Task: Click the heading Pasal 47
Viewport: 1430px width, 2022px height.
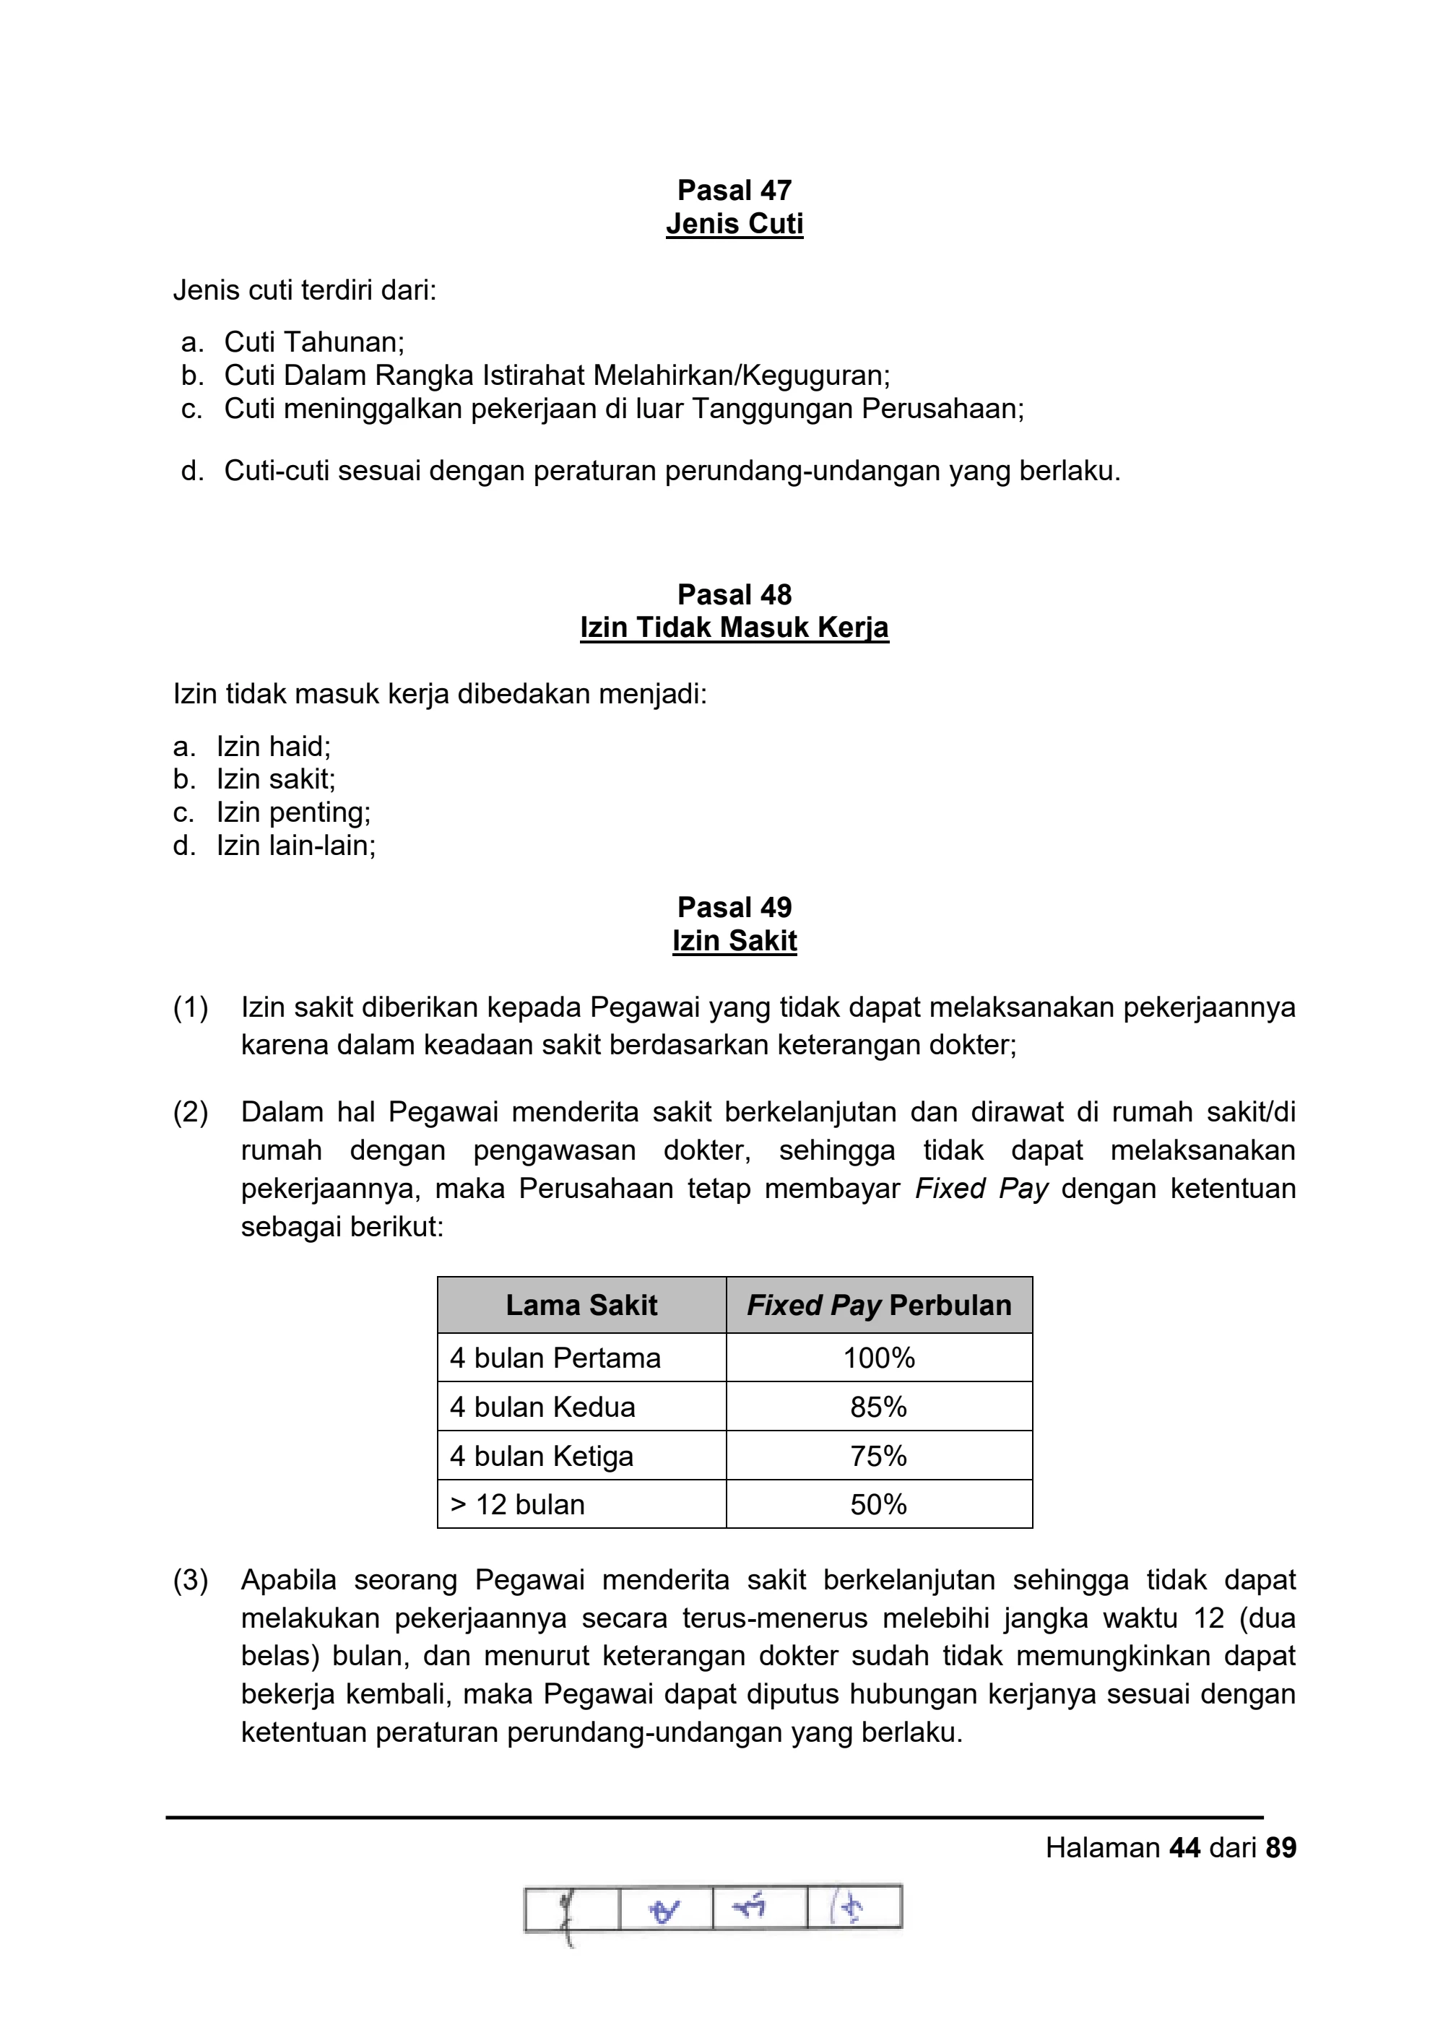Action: (x=734, y=190)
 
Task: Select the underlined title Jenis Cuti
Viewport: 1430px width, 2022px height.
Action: (x=734, y=224)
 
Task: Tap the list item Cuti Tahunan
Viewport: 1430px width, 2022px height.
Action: (x=313, y=342)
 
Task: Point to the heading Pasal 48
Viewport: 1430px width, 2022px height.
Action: (x=734, y=594)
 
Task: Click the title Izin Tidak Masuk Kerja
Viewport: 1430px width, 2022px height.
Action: (x=734, y=628)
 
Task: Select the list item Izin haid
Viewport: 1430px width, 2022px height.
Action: (x=273, y=747)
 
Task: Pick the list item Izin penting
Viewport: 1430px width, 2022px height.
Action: (x=293, y=812)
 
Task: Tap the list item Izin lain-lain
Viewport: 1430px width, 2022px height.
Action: (x=296, y=846)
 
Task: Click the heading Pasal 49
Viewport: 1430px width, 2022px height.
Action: (x=734, y=907)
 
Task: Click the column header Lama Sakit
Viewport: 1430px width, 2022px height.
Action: (x=581, y=1305)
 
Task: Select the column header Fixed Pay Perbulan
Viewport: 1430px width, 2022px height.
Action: (x=879, y=1305)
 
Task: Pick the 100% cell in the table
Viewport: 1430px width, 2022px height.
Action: (x=879, y=1358)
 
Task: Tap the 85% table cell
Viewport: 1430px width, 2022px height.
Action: (x=879, y=1407)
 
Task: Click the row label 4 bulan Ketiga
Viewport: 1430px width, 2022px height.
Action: (x=542, y=1457)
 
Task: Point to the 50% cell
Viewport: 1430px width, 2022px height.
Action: (x=879, y=1505)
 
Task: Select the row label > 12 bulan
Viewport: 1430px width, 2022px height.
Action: (x=518, y=1505)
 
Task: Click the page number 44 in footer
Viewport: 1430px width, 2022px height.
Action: (x=1184, y=1848)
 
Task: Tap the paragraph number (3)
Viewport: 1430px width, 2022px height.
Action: (x=190, y=1580)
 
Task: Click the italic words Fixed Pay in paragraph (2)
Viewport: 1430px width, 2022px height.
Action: (x=981, y=1189)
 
